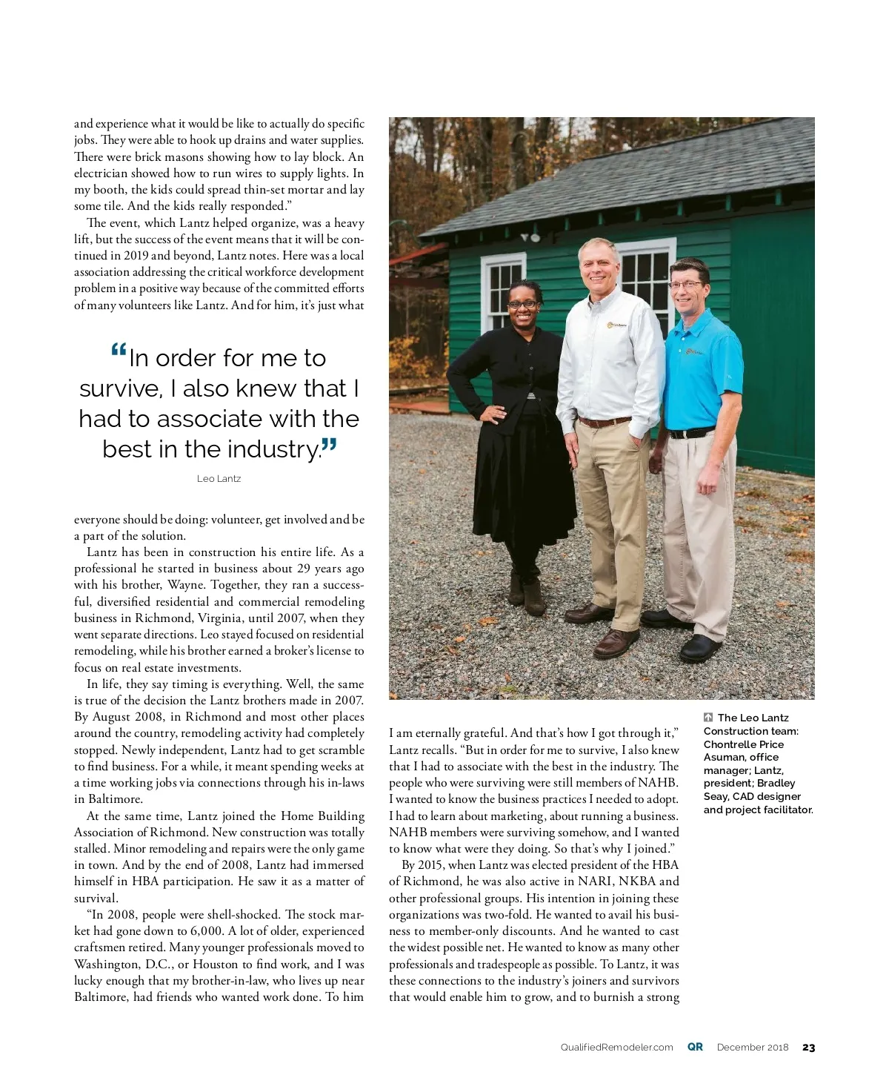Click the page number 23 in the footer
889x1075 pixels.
click(808, 1048)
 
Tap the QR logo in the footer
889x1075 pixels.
click(695, 1047)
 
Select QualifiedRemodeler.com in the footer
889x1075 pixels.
click(616, 1048)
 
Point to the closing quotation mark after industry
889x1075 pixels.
click(330, 446)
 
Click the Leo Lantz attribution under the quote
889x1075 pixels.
click(219, 479)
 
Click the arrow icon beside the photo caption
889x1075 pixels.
click(708, 718)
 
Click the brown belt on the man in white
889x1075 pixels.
click(603, 422)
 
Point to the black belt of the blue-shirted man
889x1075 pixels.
click(690, 433)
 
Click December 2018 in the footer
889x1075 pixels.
click(753, 1048)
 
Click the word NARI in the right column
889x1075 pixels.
click(596, 881)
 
